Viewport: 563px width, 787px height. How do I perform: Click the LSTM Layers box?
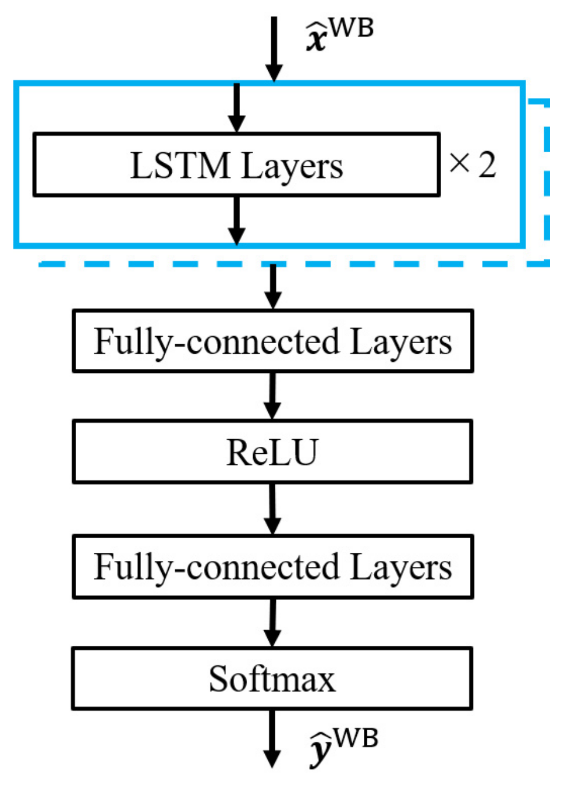click(236, 165)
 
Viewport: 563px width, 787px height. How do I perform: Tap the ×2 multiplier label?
click(472, 165)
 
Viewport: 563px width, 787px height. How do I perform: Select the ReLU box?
click(272, 452)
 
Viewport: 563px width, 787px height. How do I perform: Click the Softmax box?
click(272, 679)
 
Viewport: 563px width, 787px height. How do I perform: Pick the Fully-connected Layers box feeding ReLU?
click(272, 341)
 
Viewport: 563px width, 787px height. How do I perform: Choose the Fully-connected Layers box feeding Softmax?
click(272, 567)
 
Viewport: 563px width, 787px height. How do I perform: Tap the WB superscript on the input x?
click(351, 28)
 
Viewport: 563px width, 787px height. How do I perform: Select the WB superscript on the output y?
click(356, 737)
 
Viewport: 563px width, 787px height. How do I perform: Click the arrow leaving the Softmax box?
click(271, 738)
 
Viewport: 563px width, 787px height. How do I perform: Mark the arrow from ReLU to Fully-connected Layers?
click(272, 508)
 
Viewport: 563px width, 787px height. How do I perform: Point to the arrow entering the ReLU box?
click(272, 395)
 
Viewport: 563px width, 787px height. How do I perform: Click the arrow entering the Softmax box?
click(272, 622)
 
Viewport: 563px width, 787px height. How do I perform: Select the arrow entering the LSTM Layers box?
click(237, 108)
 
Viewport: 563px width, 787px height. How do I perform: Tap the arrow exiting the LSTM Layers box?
click(237, 220)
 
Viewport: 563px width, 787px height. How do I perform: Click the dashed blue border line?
click(293, 265)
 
